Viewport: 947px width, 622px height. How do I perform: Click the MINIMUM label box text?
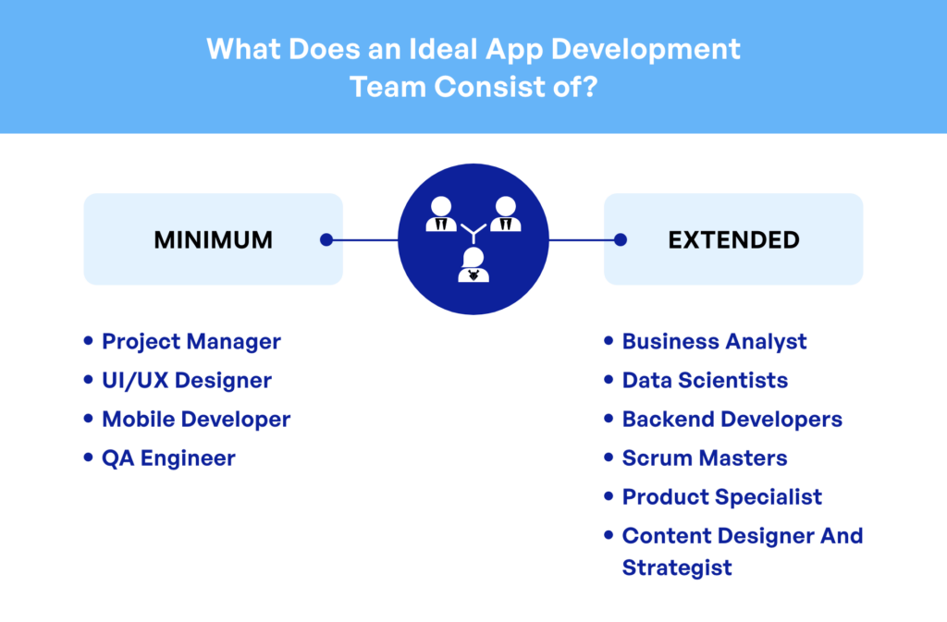pyautogui.click(x=214, y=240)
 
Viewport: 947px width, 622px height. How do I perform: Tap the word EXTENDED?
pyautogui.click(x=733, y=240)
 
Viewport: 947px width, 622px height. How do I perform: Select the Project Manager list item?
pyautogui.click(x=191, y=342)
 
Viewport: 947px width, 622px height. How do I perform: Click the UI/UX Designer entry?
pyautogui.click(x=187, y=381)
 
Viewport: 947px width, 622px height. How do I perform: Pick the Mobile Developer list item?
pyautogui.click(x=196, y=420)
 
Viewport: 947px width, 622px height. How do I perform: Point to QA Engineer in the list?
pyautogui.click(x=168, y=458)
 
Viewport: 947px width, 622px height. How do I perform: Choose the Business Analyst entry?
pyautogui.click(x=715, y=342)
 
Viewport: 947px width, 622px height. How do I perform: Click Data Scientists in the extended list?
pyautogui.click(x=705, y=381)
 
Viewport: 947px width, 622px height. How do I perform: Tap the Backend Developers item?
pyautogui.click(x=732, y=420)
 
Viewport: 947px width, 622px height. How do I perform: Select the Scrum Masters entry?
pyautogui.click(x=705, y=457)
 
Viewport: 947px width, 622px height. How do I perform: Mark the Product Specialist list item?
pyautogui.click(x=721, y=497)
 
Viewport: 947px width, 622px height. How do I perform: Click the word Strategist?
pyautogui.click(x=677, y=568)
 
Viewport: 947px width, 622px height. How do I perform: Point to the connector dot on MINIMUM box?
pyautogui.click(x=326, y=240)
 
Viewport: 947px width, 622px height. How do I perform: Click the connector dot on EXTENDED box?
pyautogui.click(x=621, y=240)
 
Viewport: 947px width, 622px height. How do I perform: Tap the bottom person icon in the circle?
pyautogui.click(x=473, y=265)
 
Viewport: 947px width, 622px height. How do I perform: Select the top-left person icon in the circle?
pyautogui.click(x=441, y=214)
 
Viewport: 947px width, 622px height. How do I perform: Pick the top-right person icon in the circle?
pyautogui.click(x=506, y=214)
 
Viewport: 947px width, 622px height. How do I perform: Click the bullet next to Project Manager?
pyautogui.click(x=88, y=341)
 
